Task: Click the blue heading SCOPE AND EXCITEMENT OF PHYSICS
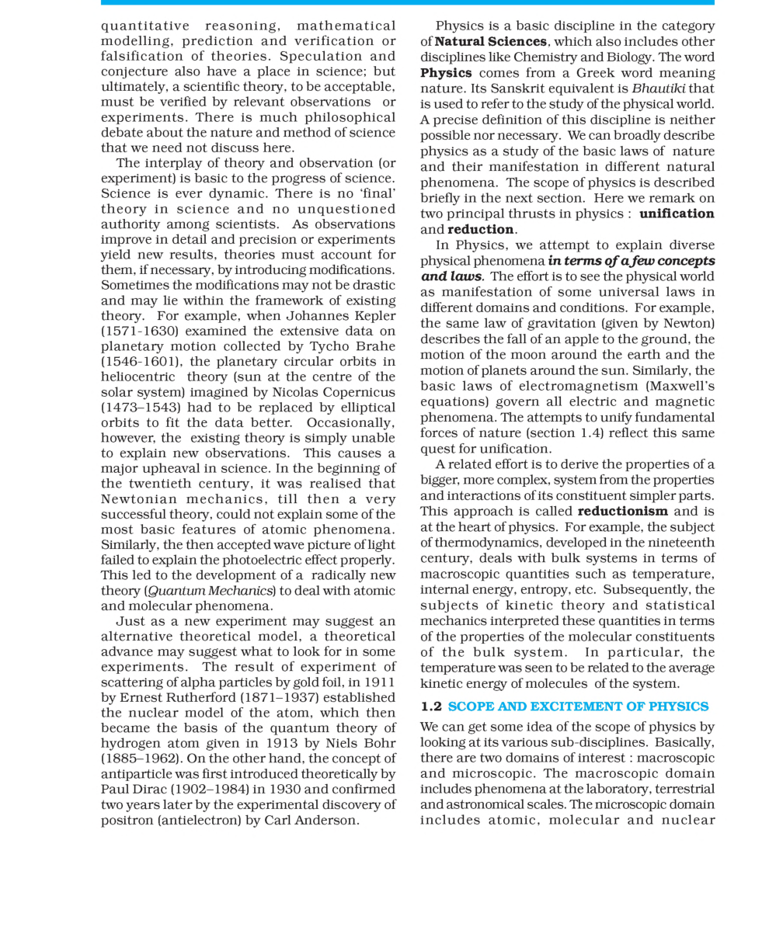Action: pyautogui.click(x=578, y=707)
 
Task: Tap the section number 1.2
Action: pyautogui.click(x=431, y=707)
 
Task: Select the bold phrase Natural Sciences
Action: pyautogui.click(x=490, y=41)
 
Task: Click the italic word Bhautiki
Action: pyautogui.click(x=658, y=89)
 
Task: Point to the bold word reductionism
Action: pyautogui.click(x=622, y=511)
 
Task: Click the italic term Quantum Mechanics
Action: pyautogui.click(x=210, y=591)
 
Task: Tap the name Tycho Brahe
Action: pyautogui.click(x=352, y=346)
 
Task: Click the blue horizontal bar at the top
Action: pyautogui.click(x=407, y=3)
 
